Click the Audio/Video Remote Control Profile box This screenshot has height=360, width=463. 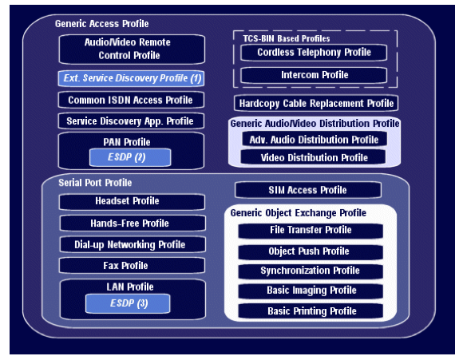[x=132, y=49]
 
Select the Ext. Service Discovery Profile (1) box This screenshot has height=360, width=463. [x=131, y=78]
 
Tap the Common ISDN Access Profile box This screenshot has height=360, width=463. [x=131, y=100]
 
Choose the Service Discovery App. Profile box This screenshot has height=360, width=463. [x=131, y=121]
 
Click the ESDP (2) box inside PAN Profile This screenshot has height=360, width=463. [x=130, y=157]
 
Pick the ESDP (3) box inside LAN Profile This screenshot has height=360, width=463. [x=128, y=303]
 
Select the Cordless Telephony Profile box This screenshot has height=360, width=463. [x=314, y=53]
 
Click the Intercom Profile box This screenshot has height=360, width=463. [x=314, y=75]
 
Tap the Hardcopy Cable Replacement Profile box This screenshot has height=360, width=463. [x=316, y=103]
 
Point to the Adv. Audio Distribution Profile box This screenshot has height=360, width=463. [x=315, y=140]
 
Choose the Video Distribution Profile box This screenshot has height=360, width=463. [x=313, y=157]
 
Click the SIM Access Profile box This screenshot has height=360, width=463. [x=308, y=190]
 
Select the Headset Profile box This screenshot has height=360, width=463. [x=132, y=201]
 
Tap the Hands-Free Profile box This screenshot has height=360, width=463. [x=133, y=224]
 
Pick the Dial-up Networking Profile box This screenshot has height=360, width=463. [x=133, y=244]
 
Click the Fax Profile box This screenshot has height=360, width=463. [x=132, y=266]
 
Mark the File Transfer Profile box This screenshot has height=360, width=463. [x=311, y=231]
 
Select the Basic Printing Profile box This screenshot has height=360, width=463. [x=311, y=311]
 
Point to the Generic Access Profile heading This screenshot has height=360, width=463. [x=102, y=24]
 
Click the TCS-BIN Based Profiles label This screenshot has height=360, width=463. [x=286, y=38]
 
